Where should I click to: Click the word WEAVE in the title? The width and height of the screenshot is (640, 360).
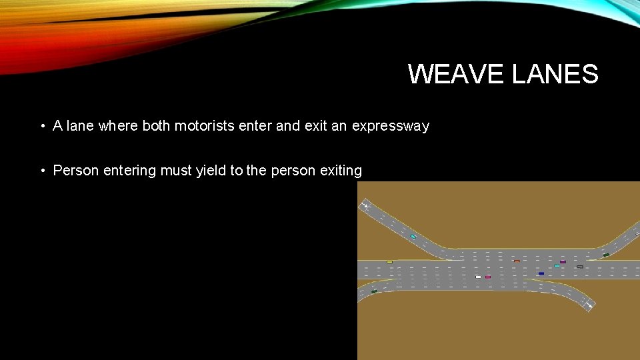click(457, 74)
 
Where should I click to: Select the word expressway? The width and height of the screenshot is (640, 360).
click(390, 126)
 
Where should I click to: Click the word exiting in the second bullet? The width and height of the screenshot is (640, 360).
click(340, 171)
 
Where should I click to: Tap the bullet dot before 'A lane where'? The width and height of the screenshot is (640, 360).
click(41, 126)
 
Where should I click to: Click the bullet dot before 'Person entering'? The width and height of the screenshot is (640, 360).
click(41, 171)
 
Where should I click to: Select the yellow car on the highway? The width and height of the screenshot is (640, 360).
click(389, 262)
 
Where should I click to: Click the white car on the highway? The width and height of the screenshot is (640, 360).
click(478, 277)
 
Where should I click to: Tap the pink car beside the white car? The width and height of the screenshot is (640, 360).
click(488, 277)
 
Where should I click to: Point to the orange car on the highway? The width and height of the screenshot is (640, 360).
click(517, 261)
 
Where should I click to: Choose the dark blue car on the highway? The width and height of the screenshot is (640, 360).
click(541, 273)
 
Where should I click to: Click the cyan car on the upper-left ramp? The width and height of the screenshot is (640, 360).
click(413, 237)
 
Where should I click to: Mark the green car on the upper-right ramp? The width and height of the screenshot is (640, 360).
click(606, 255)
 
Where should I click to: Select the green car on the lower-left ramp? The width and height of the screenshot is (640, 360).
click(374, 291)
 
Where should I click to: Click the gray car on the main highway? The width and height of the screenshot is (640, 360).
click(579, 267)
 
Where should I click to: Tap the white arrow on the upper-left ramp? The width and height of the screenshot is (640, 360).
click(366, 206)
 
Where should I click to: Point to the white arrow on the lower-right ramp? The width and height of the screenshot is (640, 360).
click(589, 305)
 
